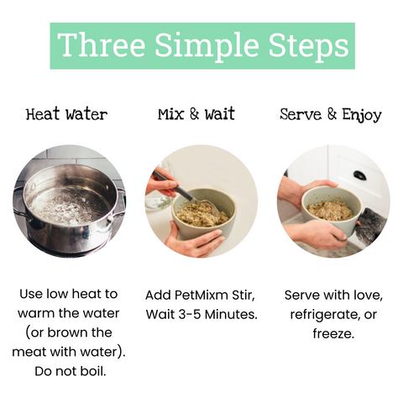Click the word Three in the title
pyautogui.click(x=102, y=44)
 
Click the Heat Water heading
pyautogui.click(x=66, y=114)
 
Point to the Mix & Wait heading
pyautogui.click(x=196, y=114)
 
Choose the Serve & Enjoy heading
pyautogui.click(x=331, y=115)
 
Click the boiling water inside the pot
pyautogui.click(x=65, y=207)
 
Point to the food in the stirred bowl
pyautogui.click(x=202, y=213)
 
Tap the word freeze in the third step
pyautogui.click(x=333, y=333)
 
